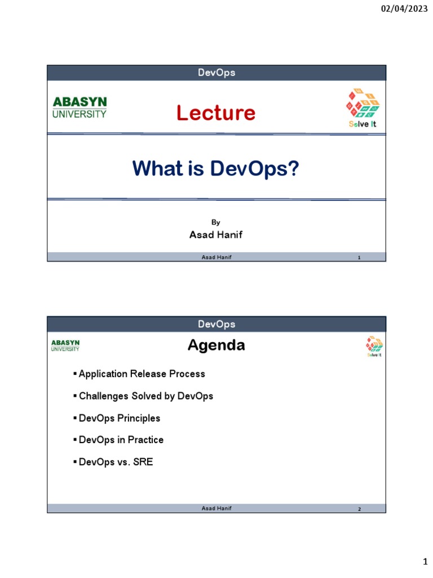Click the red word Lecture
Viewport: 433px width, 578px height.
(x=215, y=113)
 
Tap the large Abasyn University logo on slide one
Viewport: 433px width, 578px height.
(x=79, y=107)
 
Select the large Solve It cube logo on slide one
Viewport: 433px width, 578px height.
(x=362, y=107)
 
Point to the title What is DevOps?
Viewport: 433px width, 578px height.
(x=215, y=168)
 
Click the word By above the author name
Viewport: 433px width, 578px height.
(x=216, y=222)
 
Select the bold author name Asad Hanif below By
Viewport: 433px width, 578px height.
(x=216, y=235)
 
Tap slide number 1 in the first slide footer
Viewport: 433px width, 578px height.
(x=359, y=258)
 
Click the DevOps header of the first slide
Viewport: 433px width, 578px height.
(x=216, y=73)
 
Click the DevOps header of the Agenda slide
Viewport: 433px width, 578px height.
(x=216, y=324)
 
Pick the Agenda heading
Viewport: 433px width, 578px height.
(x=216, y=345)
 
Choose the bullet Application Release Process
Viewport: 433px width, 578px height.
(x=142, y=374)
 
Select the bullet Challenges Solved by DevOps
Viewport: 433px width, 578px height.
(x=145, y=396)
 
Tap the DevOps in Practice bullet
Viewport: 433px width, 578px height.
(x=121, y=440)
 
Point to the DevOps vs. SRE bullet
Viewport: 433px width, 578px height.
(x=116, y=462)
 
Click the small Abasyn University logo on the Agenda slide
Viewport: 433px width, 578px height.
(x=65, y=345)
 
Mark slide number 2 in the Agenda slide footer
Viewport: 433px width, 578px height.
(x=359, y=509)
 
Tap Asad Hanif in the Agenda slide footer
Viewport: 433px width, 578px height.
(x=216, y=509)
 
